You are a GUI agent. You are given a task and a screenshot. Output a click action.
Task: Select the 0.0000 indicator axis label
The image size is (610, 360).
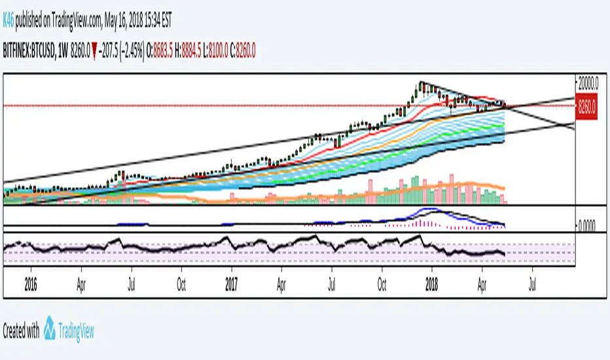click(590, 225)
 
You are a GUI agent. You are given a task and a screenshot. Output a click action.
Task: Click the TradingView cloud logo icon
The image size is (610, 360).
click(50, 331)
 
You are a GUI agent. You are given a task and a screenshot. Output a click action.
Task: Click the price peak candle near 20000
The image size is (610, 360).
click(422, 84)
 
